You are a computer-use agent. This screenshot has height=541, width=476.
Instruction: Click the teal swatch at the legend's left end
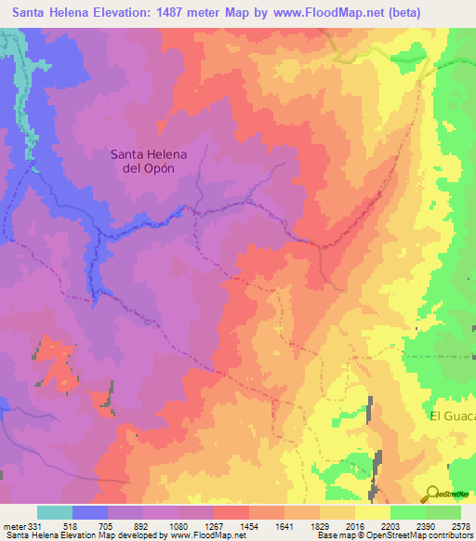coord(54,512)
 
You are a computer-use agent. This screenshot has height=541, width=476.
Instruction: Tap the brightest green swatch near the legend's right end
coord(407,512)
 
